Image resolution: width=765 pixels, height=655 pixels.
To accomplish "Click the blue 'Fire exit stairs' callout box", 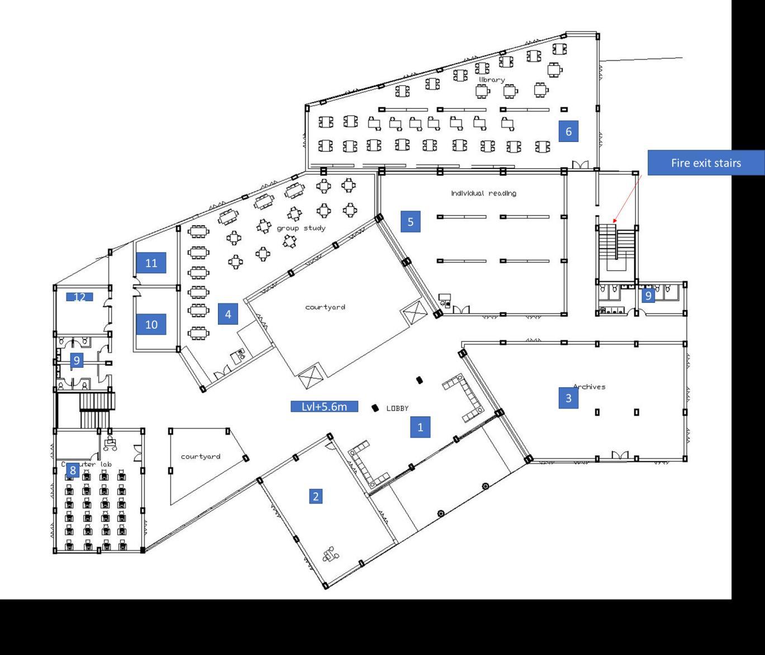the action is pos(706,163).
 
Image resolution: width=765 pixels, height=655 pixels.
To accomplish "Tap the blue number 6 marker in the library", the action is pos(568,131).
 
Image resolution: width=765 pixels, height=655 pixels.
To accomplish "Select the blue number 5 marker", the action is pos(410,222).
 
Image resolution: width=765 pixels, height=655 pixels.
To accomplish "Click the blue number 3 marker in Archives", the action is pos(568,398).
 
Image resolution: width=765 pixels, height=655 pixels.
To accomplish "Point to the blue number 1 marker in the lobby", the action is pos(420,428).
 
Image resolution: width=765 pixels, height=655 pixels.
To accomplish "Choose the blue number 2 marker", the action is pos(316,496).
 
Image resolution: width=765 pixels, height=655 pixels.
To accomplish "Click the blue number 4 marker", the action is pos(227,314).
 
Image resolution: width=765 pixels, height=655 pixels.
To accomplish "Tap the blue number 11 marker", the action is pos(151,263).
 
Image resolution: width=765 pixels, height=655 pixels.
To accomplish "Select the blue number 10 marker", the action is pos(151,324).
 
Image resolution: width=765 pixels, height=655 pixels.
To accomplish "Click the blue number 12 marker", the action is pos(79,297).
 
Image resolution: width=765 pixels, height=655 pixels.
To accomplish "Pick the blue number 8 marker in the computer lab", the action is pos(72,471).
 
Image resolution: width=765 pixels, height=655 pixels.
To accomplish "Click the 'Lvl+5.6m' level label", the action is pos(324,406).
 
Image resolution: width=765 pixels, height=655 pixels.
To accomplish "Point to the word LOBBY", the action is pos(397,409).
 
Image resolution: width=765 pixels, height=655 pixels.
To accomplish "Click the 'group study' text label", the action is pos(301,228).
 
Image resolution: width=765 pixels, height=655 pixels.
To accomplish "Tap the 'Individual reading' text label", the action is pos(483,193).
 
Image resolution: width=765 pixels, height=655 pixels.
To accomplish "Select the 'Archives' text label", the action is pos(590,387).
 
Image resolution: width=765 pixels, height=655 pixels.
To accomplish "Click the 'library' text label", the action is pos(491,80).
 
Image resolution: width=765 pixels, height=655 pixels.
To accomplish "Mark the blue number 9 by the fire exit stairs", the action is pos(648,295).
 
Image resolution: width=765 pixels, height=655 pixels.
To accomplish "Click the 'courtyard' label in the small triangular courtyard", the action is pos(200,457).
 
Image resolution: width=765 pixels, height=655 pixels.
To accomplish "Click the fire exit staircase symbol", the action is pos(616,243).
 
